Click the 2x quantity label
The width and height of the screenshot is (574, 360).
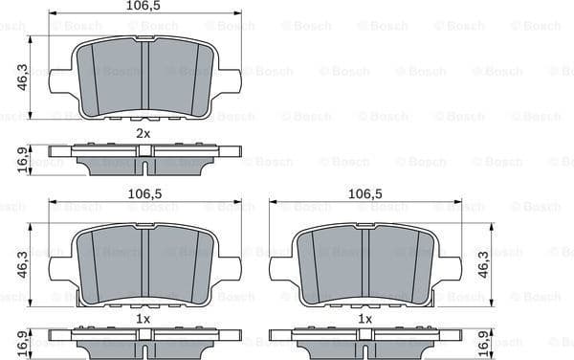coord(143,133)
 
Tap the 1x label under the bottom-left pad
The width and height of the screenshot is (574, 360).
coord(143,317)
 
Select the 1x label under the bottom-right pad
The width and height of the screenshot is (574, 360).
coord(364,317)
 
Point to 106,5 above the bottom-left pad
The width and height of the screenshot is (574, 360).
coord(143,193)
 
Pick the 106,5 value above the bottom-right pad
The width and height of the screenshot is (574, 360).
coord(364,193)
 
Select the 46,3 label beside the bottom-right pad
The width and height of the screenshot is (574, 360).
coord(483,262)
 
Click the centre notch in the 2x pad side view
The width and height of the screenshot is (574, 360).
coord(143,166)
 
